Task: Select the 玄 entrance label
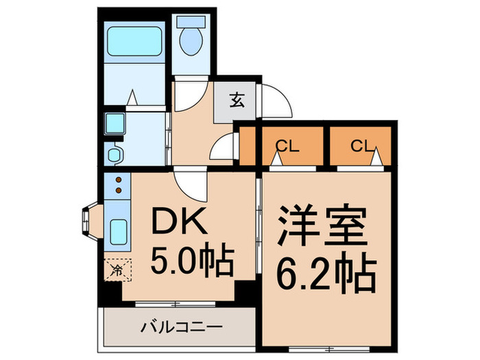(x=236, y=101)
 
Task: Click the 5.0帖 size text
(x=192, y=260)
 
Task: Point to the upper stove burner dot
(x=119, y=180)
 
